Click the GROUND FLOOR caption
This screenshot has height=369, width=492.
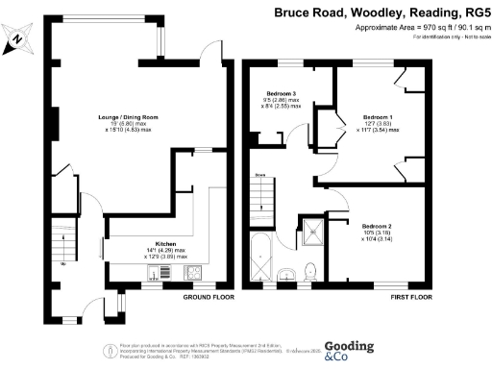pyautogui.click(x=209, y=297)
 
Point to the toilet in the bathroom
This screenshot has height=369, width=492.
pyautogui.click(x=308, y=273)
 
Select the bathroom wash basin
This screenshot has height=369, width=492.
pyautogui.click(x=284, y=277)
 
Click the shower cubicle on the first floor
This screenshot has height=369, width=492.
pyautogui.click(x=311, y=229)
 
